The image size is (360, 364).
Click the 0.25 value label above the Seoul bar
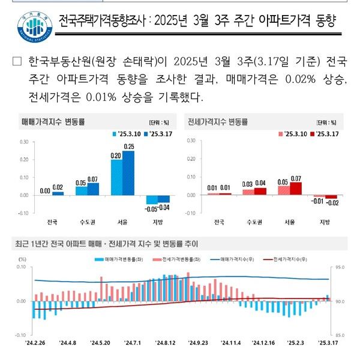tap(129, 147)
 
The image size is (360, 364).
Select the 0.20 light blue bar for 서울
tap(116, 177)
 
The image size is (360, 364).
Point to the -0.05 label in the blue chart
tap(152, 208)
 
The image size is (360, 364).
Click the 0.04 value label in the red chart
tap(260, 183)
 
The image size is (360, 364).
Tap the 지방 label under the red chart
tap(325, 222)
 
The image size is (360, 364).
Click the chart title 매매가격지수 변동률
tap(53, 121)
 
